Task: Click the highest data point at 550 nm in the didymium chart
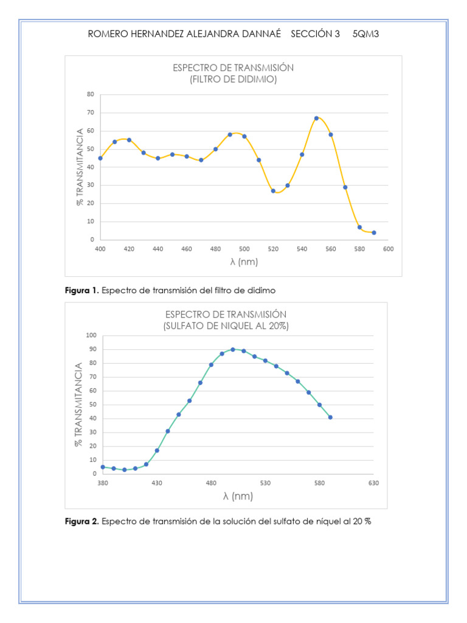[316, 118]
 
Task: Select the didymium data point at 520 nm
[273, 191]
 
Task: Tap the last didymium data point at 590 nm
[374, 232]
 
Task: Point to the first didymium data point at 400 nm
[100, 158]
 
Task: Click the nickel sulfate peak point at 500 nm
[233, 349]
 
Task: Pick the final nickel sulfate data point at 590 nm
[330, 417]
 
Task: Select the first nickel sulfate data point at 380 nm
[103, 467]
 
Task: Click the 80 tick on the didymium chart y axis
[90, 94]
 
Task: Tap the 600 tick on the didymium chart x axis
[388, 249]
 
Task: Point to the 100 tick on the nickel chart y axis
[91, 335]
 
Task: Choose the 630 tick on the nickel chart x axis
[373, 483]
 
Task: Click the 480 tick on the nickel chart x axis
[211, 483]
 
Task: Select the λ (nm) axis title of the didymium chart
[244, 262]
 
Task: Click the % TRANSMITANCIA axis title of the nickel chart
[78, 405]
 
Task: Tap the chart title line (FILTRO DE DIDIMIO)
[233, 79]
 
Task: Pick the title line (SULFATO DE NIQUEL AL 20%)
[226, 325]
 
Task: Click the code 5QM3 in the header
[365, 34]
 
